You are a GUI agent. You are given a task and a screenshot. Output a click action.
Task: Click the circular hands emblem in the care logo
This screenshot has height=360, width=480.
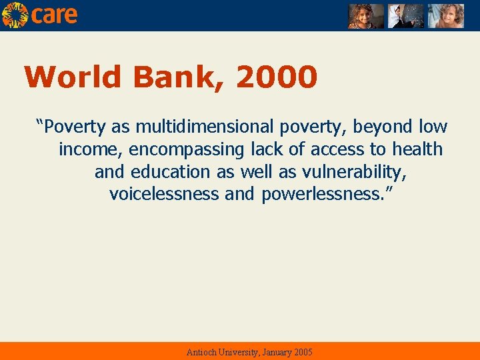point(15,15)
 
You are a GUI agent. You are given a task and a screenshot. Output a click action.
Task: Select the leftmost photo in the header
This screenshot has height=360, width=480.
point(366,16)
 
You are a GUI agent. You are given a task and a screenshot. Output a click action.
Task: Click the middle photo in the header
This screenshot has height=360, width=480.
point(406,16)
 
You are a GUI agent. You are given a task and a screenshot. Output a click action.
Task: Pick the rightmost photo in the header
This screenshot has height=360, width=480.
point(445,16)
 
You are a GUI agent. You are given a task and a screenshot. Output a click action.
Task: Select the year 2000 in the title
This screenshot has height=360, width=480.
point(277,77)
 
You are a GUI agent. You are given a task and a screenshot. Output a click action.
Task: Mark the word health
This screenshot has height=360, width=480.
point(417,149)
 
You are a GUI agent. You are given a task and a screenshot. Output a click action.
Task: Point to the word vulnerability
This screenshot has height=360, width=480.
point(354,172)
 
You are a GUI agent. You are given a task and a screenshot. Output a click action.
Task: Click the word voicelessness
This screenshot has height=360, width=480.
point(164,195)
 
